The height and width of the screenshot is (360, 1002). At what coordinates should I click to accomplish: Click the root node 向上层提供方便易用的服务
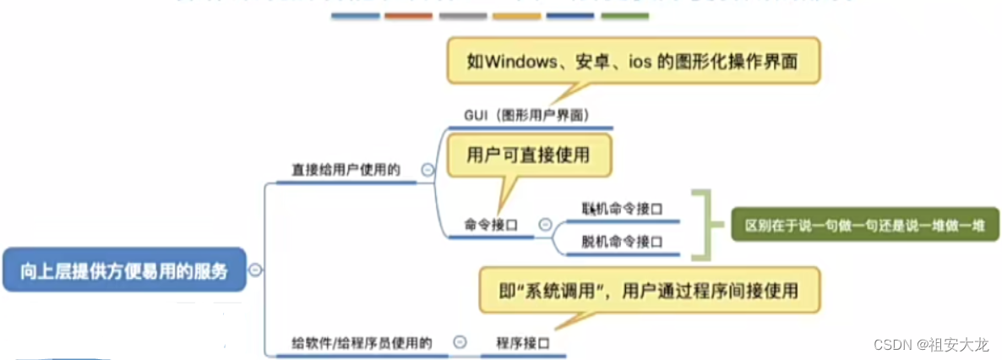[x=124, y=270]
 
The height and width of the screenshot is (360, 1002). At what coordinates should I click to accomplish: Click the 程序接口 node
[x=523, y=342]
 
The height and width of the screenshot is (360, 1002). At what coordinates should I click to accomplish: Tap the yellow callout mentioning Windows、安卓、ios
[x=633, y=62]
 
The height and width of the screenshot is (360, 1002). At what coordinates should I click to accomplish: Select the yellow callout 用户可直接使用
[x=527, y=155]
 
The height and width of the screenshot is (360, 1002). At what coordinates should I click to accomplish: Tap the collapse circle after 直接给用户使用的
[x=427, y=170]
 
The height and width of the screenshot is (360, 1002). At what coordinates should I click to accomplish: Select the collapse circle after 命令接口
[x=545, y=225]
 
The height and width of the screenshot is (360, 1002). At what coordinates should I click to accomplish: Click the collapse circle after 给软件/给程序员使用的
[x=460, y=342]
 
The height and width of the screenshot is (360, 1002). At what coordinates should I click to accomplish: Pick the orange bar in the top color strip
[x=408, y=16]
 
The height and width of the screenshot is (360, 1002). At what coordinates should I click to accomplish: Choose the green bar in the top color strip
[x=624, y=16]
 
